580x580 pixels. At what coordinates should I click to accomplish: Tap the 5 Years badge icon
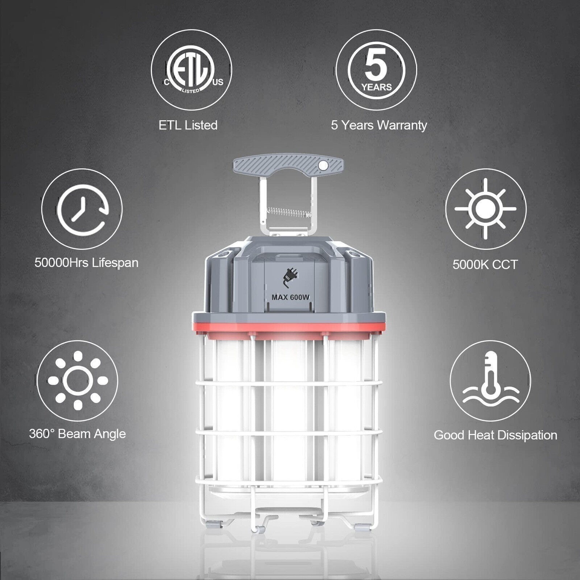coord(376,70)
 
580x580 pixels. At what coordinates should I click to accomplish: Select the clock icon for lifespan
coord(82,209)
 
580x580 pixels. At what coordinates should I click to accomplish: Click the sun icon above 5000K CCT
coord(486,209)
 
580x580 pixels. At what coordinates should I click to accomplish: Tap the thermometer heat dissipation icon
coord(490,381)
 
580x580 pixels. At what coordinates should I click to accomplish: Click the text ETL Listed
coord(188,125)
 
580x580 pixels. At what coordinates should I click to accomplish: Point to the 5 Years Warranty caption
coord(379,125)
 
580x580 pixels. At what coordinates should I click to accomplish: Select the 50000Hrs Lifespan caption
coord(86,262)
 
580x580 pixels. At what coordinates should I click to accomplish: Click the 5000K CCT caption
coord(485,265)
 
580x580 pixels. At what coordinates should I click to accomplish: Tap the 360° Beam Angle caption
coord(77,434)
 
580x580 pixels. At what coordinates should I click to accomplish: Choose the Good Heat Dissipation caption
coord(496,435)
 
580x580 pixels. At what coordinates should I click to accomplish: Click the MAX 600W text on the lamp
coord(290,297)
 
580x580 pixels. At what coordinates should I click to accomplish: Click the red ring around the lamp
coord(289,327)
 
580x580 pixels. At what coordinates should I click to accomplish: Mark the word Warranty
coord(402,125)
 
